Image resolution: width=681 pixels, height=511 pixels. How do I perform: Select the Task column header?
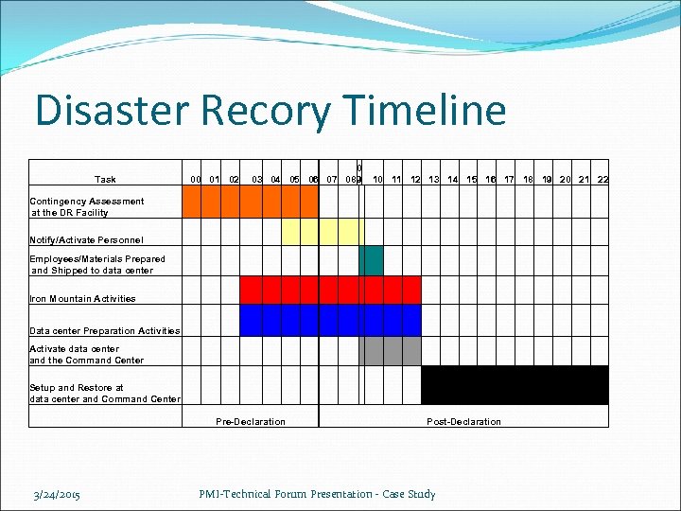point(105,180)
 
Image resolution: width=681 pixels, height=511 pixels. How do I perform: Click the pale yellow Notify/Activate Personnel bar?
point(323,232)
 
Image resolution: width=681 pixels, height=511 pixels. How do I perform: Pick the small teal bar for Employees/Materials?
point(371,260)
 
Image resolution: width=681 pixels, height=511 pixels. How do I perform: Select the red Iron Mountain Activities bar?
point(330,290)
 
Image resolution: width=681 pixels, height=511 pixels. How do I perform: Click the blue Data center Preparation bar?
point(330,321)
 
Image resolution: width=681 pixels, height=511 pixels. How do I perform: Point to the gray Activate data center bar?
point(390,351)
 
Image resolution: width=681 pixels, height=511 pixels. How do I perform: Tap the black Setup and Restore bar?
point(515,385)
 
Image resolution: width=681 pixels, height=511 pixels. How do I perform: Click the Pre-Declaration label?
point(251,421)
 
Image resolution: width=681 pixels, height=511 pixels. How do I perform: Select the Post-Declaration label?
point(463,421)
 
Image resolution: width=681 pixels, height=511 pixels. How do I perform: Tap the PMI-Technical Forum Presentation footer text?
point(317,494)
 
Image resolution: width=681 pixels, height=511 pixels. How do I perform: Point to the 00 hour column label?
point(196,180)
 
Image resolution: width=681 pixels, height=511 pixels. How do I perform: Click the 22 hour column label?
point(602,180)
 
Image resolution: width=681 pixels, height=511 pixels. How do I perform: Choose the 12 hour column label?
point(414,180)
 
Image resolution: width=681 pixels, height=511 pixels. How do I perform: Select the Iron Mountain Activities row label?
point(82,299)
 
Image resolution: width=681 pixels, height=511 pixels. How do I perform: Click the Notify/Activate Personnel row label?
point(86,240)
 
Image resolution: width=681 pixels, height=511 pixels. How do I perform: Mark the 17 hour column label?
point(509,180)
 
